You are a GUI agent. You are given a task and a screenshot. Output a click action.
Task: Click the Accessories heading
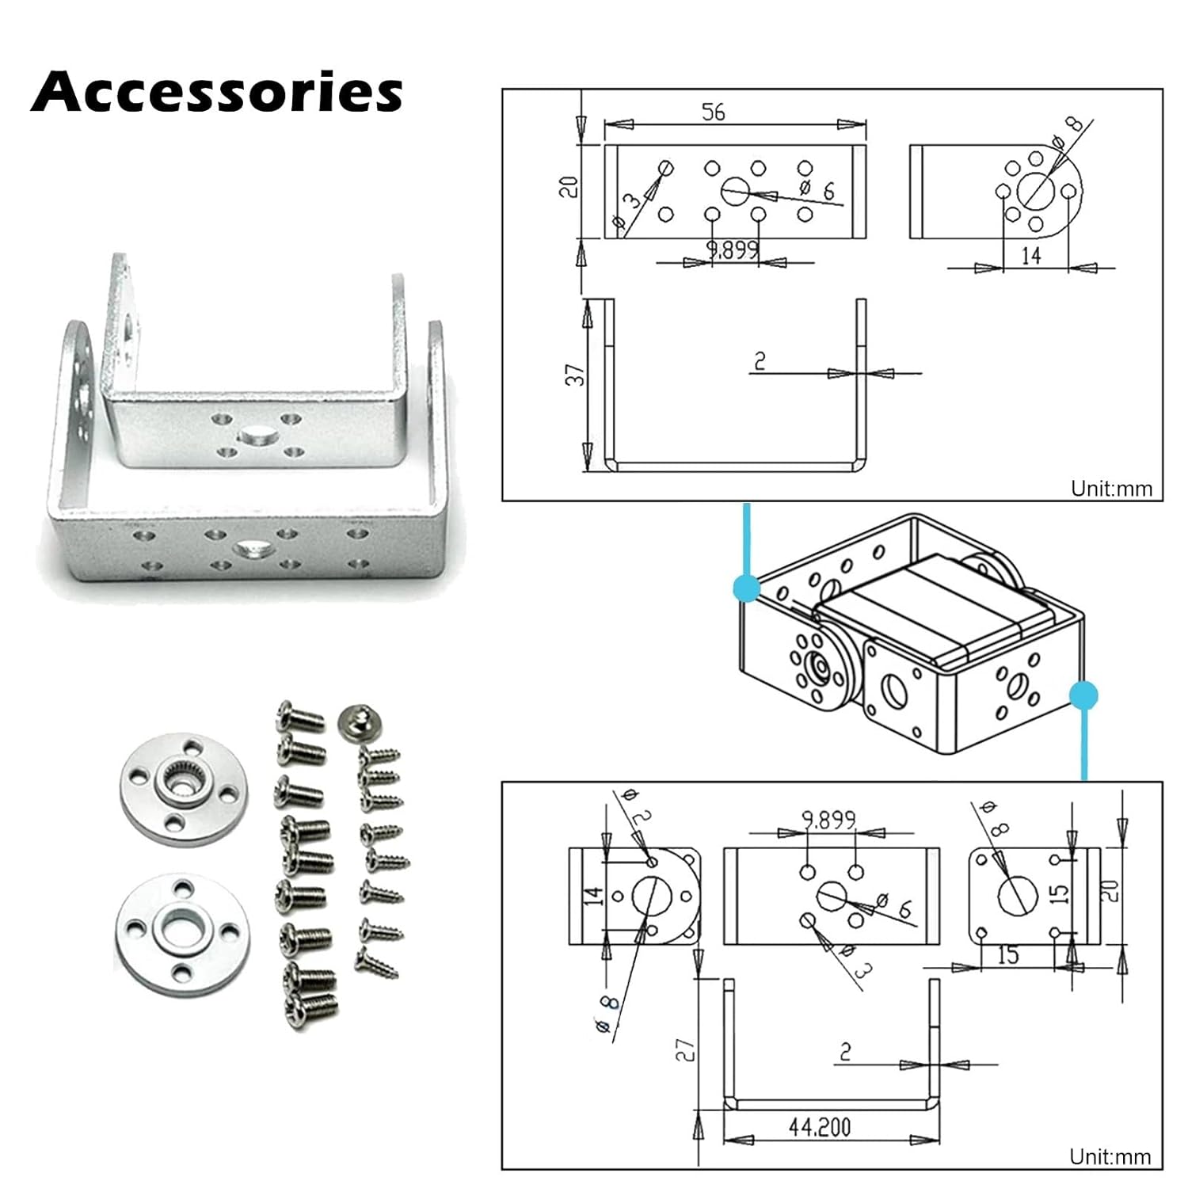[x=217, y=93]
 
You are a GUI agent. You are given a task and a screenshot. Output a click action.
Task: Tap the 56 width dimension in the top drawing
[x=713, y=112]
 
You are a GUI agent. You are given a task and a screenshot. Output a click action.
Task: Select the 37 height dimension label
[x=576, y=374]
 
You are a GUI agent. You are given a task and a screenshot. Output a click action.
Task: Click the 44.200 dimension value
[x=819, y=1126]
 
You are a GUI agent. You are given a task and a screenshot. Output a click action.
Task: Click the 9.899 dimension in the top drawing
[x=733, y=250]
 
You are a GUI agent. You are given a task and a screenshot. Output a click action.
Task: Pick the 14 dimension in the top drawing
[x=1030, y=255]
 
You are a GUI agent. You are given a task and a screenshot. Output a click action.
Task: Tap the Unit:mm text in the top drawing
[x=1111, y=489]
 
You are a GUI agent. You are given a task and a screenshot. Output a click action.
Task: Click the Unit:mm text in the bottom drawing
[x=1110, y=1157]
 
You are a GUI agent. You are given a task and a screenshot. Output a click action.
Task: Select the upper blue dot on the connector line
[x=746, y=588]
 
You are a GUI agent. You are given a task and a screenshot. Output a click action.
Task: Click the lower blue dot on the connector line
[x=1083, y=695]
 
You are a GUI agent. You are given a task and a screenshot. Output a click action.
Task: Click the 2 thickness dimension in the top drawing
[x=760, y=361]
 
